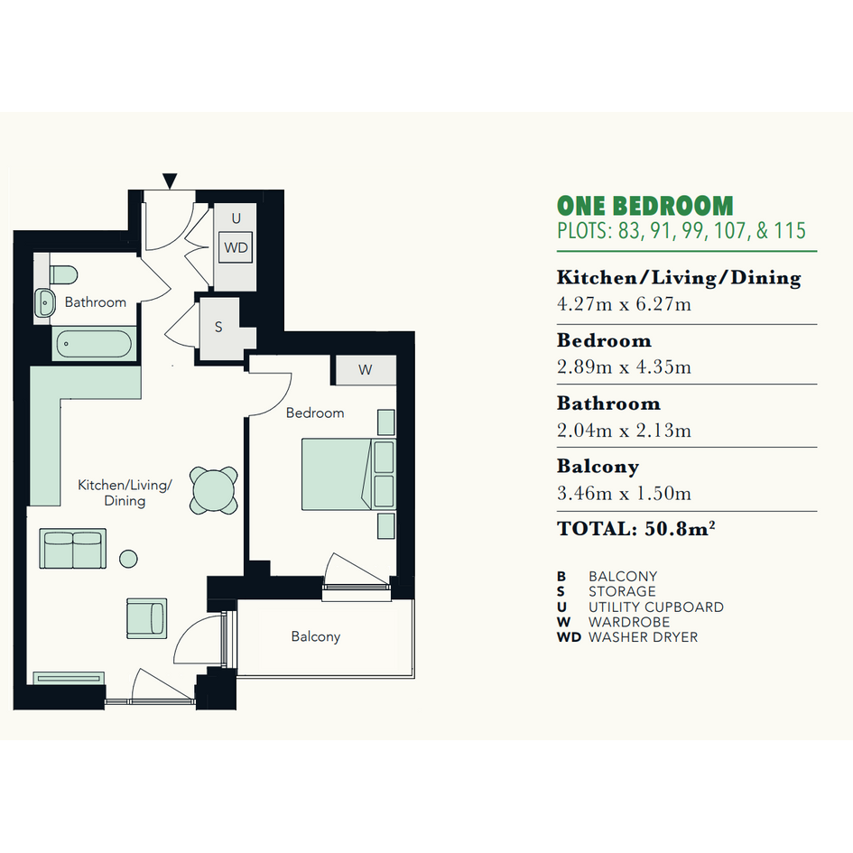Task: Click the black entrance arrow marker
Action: coord(170,181)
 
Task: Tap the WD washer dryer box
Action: coord(236,247)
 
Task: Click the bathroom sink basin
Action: coord(45,302)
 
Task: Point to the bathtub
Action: coord(94,343)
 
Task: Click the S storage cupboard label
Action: coord(218,327)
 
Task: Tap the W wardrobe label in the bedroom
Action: coord(365,370)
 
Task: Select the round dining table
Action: coord(214,490)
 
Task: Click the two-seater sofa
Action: coord(73,549)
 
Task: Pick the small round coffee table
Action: coord(128,559)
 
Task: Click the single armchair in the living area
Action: coord(147,618)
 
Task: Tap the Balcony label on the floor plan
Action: coord(316,636)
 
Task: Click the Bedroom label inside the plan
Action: coord(315,413)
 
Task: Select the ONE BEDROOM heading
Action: coord(645,206)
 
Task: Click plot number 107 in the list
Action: coord(729,231)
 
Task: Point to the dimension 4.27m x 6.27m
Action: coord(624,303)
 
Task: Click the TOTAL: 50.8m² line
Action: coord(635,528)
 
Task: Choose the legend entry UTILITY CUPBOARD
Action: coord(656,607)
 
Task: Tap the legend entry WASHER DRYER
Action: coord(643,637)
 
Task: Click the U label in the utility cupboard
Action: coord(236,218)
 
